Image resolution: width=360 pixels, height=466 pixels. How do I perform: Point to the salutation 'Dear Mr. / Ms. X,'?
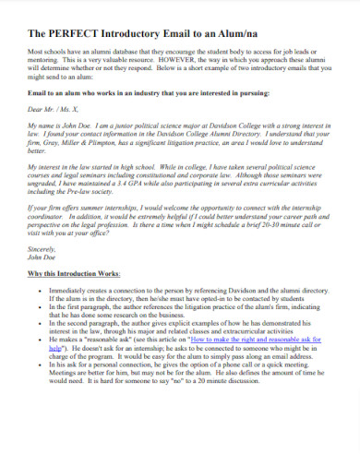57,110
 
